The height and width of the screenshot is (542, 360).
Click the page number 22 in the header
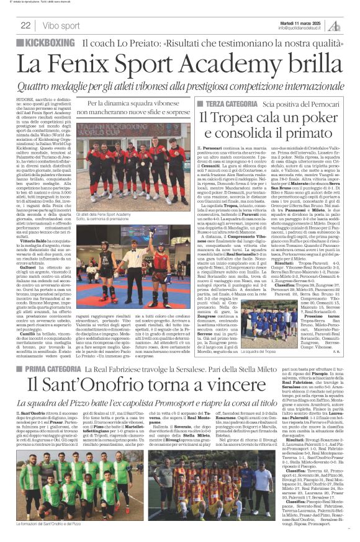[x=25, y=25]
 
